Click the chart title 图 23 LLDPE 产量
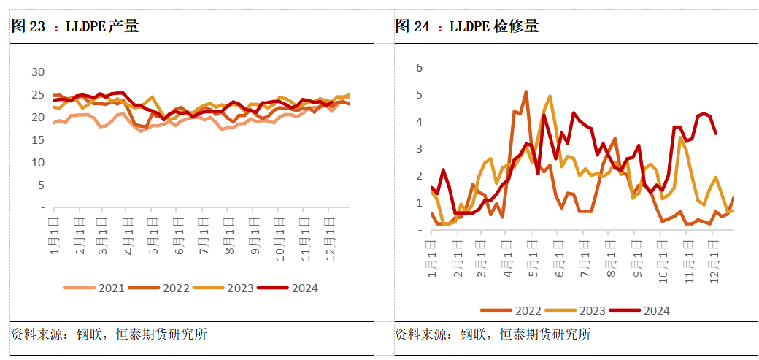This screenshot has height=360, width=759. pyautogui.click(x=75, y=27)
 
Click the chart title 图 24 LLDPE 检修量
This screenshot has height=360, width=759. pyautogui.click(x=467, y=27)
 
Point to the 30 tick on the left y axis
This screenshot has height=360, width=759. pyautogui.click(x=37, y=72)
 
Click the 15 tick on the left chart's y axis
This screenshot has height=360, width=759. pyautogui.click(x=37, y=140)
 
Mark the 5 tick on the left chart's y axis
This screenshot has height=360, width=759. pyautogui.click(x=41, y=185)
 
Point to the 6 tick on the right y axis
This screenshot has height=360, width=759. pyautogui.click(x=419, y=68)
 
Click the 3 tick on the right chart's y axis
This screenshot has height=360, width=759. pyautogui.click(x=419, y=149)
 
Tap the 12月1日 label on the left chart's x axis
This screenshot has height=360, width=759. pyautogui.click(x=328, y=232)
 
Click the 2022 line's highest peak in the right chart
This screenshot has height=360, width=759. pyautogui.click(x=526, y=92)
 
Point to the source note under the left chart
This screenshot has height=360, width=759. pyautogui.click(x=109, y=334)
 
